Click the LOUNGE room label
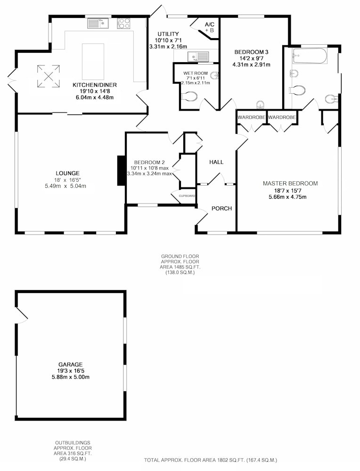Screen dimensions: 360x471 pos(67,173)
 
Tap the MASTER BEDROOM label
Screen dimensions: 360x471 pos(290,184)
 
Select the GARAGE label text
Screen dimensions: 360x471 pos(71,365)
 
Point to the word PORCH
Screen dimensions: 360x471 pos(222,209)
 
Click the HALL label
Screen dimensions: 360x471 pos(216,162)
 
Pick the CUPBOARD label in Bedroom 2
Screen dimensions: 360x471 pos(187,196)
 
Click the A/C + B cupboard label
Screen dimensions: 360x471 pos(209,27)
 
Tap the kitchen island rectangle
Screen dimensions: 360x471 pos(93,61)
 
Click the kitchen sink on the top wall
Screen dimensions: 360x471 pos(98,23)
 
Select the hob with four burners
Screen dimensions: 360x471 pos(124,23)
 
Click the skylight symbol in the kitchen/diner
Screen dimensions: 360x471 pos(49,76)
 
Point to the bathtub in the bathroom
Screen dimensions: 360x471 pos(310,56)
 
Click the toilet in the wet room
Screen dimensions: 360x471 pos(189,97)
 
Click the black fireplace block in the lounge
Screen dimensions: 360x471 pos(122,171)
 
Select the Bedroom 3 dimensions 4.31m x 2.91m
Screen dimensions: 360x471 pos(251,65)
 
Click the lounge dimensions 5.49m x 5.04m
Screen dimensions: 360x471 pos(65,186)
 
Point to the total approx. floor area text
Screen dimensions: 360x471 pos(210,460)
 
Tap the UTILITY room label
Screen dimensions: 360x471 pos(168,34)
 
